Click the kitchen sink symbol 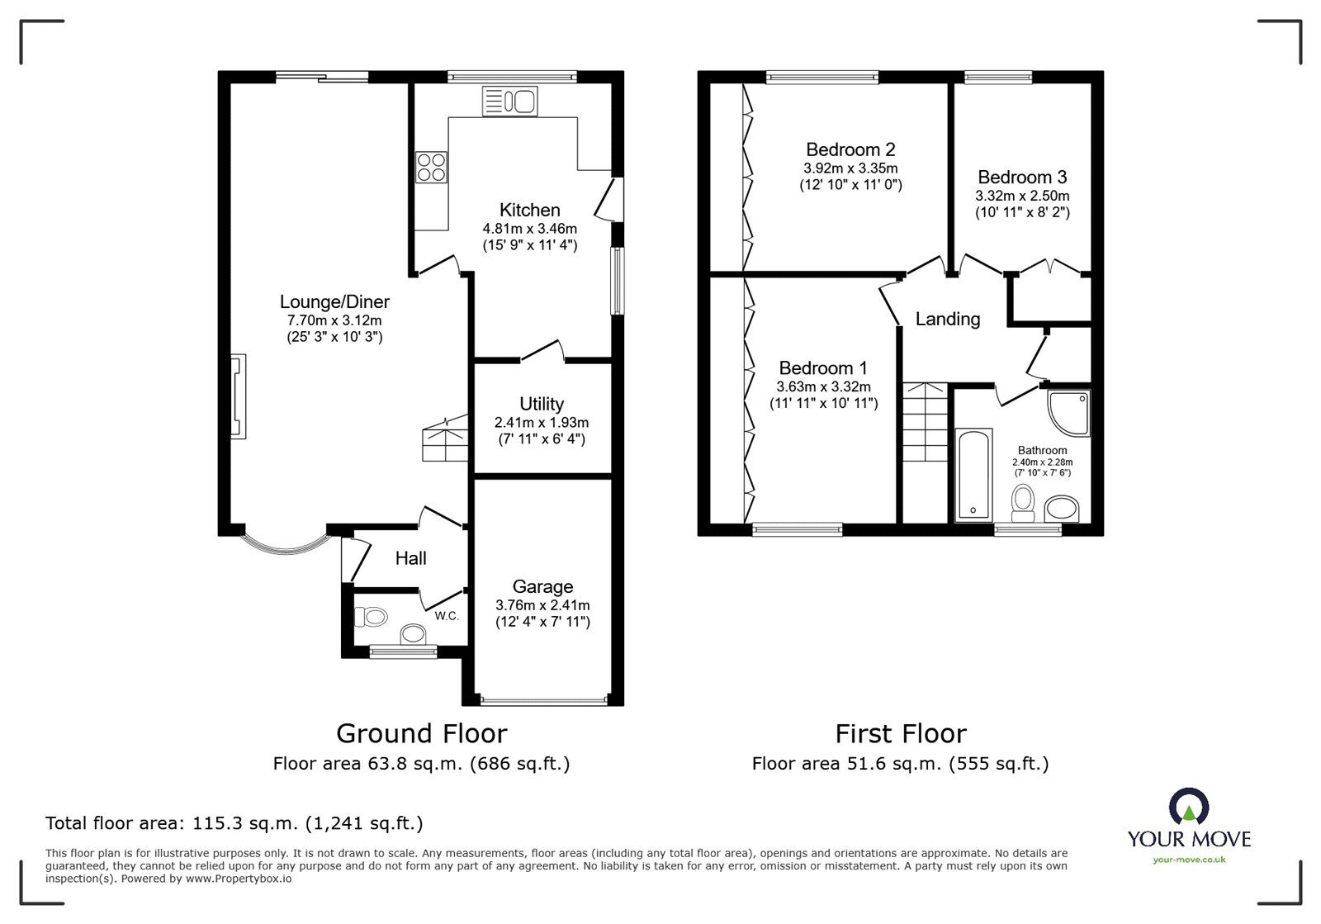coord(509,102)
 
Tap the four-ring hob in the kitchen coord(431,167)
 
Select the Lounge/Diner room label coord(334,301)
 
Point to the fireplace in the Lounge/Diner coord(238,396)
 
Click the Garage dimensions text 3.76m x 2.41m coord(542,605)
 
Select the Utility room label coord(542,404)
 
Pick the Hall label coord(410,558)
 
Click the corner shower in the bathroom coord(1069,413)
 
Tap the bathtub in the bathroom coord(974,475)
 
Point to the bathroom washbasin coord(1062,508)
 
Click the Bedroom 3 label coord(1022,177)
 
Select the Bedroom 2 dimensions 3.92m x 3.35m coord(850,168)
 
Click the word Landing coord(948,319)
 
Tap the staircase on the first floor coord(925,423)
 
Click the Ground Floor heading coord(421,733)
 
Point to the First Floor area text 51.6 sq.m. coord(900,764)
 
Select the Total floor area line coord(234,823)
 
